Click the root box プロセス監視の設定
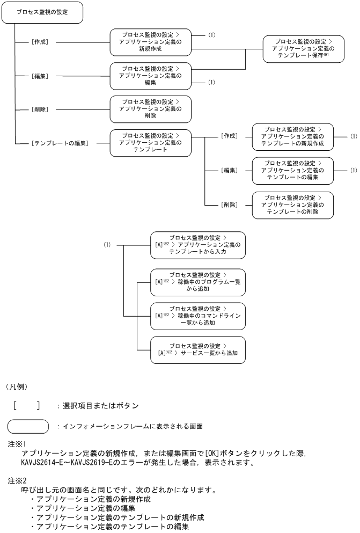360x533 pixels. click(x=42, y=12)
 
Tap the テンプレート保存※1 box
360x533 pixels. click(x=303, y=48)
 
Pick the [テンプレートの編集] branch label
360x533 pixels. click(x=60, y=143)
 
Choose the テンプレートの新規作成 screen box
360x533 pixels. click(x=292, y=136)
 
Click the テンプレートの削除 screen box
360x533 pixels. click(x=292, y=204)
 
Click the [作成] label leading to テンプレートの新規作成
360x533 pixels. click(x=229, y=136)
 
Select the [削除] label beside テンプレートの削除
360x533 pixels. click(x=229, y=205)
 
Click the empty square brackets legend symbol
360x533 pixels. click(x=26, y=406)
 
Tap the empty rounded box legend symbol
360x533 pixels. click(x=28, y=427)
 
